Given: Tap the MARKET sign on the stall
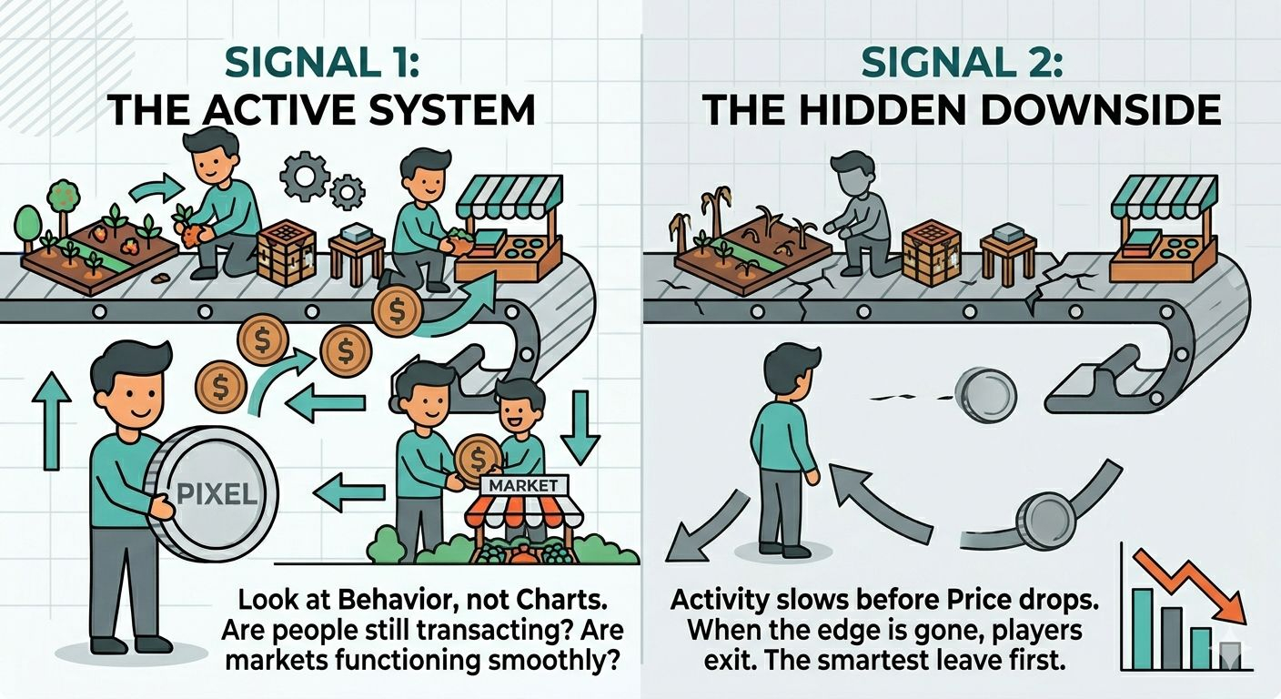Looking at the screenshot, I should click(515, 485).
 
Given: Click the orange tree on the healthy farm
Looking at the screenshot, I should click(62, 196).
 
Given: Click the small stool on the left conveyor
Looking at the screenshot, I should click(354, 251).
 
